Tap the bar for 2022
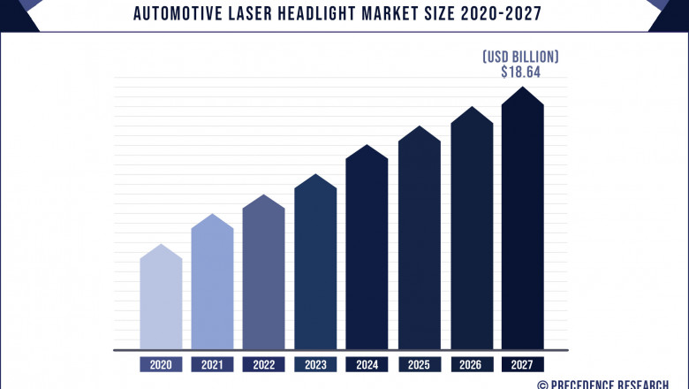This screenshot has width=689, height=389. click(264, 274)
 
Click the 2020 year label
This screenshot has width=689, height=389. click(161, 363)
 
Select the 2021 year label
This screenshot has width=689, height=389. click(212, 363)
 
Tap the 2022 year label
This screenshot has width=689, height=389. click(264, 363)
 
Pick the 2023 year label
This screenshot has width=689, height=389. click(315, 363)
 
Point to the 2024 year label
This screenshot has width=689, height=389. click(367, 363)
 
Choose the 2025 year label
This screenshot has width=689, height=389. click(419, 363)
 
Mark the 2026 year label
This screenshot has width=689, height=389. click(472, 363)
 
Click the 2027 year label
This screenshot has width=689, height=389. click(523, 363)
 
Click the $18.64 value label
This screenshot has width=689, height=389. click(520, 72)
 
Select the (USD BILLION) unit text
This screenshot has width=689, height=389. click(520, 57)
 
